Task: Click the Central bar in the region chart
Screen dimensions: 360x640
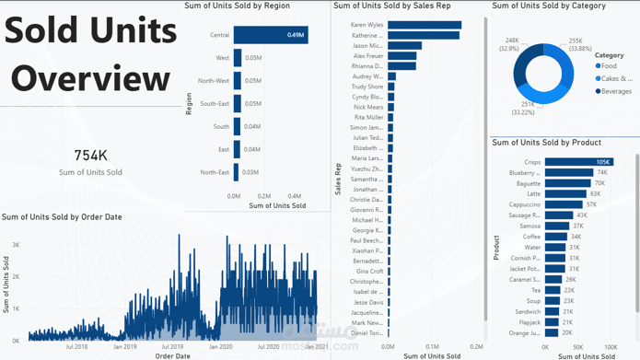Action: (x=270, y=35)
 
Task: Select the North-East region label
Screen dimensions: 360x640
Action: (x=215, y=172)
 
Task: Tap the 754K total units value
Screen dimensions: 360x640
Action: (x=90, y=156)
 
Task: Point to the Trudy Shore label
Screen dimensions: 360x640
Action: (x=368, y=87)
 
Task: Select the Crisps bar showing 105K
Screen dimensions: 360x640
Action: (x=577, y=162)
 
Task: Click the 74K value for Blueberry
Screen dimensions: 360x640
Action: (x=601, y=172)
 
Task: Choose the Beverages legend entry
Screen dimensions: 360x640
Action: (x=616, y=90)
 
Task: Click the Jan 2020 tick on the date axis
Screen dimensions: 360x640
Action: (x=221, y=347)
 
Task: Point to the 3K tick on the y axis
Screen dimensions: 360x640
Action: (x=16, y=245)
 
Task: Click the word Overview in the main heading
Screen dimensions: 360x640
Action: (x=90, y=78)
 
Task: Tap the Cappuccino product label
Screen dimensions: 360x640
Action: (x=521, y=204)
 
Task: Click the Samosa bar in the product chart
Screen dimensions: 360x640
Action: (x=557, y=226)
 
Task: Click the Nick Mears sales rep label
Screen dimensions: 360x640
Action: (x=368, y=107)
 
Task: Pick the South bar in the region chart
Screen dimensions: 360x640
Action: (x=237, y=126)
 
